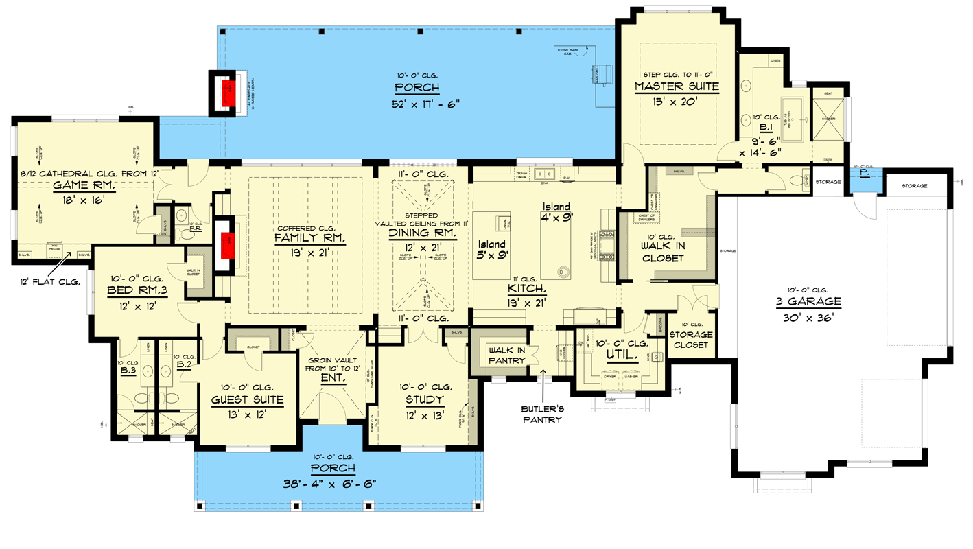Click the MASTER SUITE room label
point(677,86)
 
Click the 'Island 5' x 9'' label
point(492,249)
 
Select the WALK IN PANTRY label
point(506,355)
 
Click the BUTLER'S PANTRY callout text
point(542,414)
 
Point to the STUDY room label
point(424,399)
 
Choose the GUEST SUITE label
point(247,399)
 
